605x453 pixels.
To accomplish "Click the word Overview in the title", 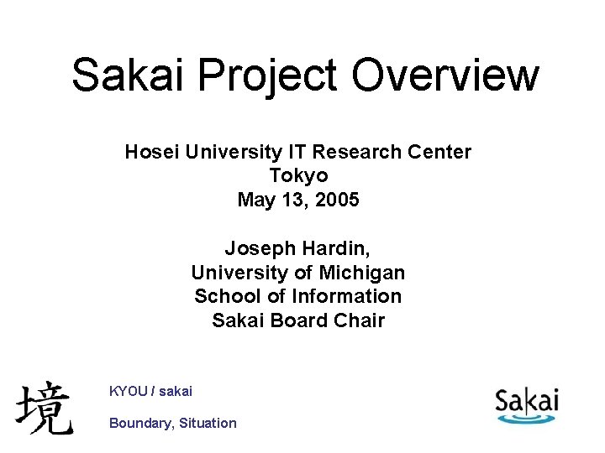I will pos(445,75).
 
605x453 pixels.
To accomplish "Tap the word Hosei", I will pos(150,152).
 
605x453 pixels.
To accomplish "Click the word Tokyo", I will pos(298,175).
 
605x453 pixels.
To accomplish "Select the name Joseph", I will pos(255,248).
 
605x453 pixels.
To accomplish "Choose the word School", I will pos(224,296).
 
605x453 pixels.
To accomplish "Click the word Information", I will pos(347,296).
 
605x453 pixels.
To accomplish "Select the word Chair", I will pos(359,320).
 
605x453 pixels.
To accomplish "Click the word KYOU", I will pos(129,391).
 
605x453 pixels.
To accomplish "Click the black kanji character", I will pos(44,408).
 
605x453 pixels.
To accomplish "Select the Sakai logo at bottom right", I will pos(526,404).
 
